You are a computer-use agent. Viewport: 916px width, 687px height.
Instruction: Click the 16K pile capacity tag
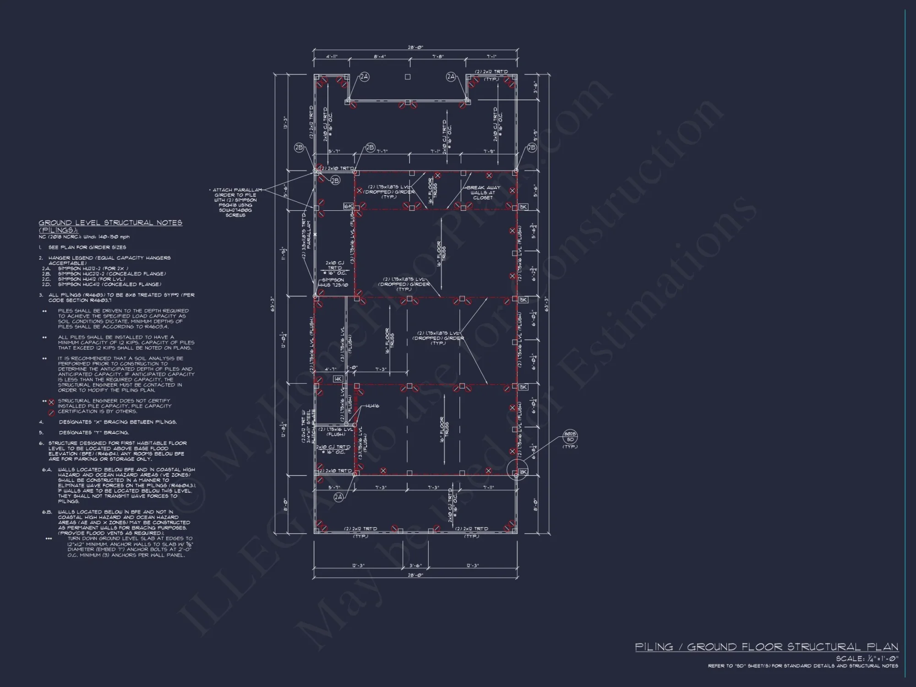348,207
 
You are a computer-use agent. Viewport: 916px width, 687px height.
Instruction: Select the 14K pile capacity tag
338,379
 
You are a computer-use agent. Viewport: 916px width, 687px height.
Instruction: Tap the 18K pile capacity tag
523,472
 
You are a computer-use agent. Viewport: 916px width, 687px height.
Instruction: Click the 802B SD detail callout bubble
570,436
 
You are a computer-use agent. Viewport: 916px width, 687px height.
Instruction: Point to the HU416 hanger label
372,406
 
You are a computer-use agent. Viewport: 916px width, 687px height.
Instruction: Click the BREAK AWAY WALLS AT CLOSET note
483,192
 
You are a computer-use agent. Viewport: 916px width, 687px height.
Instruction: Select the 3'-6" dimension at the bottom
415,566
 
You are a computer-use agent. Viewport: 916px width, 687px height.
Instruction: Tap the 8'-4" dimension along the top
379,57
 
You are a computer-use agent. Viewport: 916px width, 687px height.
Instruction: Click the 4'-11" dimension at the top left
332,57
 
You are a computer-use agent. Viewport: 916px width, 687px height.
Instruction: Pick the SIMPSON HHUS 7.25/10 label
333,282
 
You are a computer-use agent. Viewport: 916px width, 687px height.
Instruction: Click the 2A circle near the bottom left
338,497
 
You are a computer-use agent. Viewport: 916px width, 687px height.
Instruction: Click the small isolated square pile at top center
408,77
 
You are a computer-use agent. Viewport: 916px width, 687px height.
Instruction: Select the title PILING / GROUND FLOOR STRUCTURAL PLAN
766,647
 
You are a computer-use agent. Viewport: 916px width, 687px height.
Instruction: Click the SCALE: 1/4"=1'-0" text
867,659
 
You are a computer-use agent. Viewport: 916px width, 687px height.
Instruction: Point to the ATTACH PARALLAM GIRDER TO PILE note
235,202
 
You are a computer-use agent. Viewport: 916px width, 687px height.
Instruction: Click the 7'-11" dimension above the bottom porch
489,488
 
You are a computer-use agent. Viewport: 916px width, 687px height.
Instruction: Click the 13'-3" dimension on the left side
285,122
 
